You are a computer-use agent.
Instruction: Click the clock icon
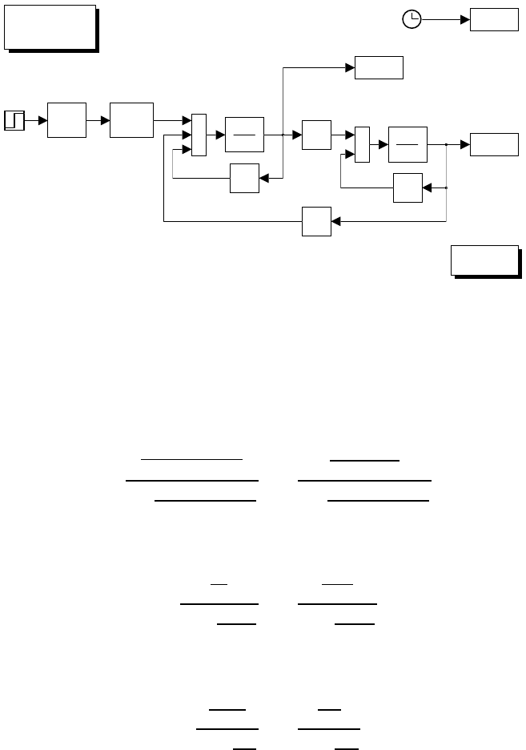[412, 20]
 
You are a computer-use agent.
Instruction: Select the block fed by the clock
[494, 20]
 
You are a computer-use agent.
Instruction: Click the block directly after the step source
[67, 120]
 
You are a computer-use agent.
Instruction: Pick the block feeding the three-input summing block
[132, 120]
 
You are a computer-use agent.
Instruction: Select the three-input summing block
[199, 135]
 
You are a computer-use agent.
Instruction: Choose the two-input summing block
[362, 144]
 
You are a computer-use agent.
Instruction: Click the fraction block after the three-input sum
[244, 135]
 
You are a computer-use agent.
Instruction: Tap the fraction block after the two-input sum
[408, 144]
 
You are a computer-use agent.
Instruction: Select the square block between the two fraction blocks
[316, 135]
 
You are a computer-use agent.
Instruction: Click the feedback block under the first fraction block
[244, 178]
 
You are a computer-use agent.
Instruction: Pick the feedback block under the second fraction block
[408, 187]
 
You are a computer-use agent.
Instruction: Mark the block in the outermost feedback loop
[316, 221]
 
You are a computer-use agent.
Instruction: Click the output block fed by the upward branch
[379, 68]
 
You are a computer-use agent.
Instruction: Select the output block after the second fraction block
[494, 144]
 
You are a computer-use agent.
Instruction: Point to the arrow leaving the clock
[445, 20]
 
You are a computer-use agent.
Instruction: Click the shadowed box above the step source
[50, 28]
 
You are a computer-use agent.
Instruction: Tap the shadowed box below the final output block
[485, 260]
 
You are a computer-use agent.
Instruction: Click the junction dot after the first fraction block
[283, 135]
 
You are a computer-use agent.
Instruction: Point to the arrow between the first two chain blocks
[98, 120]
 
